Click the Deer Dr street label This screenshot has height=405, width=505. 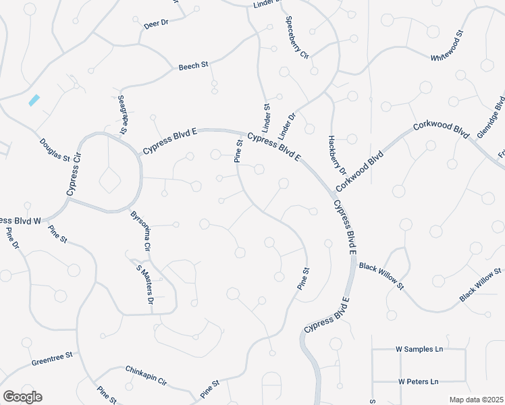[156, 24]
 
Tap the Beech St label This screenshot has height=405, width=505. [194, 67]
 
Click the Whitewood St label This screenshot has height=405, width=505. [448, 46]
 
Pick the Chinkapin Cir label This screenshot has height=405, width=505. [146, 375]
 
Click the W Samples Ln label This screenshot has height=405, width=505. [419, 349]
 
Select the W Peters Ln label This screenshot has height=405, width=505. [418, 381]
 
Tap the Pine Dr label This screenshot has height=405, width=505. [11, 238]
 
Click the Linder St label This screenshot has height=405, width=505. [267, 116]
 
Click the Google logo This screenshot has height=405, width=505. [22, 397]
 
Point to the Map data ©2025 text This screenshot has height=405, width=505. [475, 400]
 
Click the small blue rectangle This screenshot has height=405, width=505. [34, 100]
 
